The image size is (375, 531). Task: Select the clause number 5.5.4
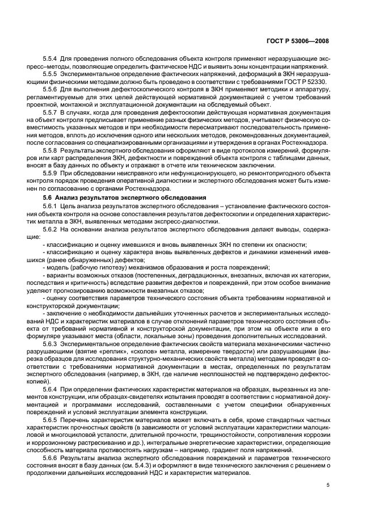tap(52, 59)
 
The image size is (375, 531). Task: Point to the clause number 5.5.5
tap(52, 74)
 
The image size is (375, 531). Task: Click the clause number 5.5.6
tap(52, 89)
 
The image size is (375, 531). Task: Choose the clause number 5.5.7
tap(52, 112)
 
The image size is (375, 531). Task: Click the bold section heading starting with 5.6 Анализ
tap(114, 196)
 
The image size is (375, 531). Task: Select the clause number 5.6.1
tap(52, 204)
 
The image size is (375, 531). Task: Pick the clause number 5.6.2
tap(52, 229)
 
